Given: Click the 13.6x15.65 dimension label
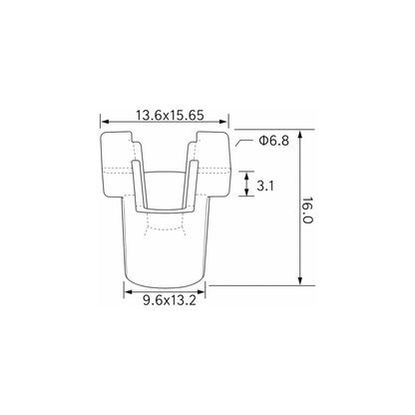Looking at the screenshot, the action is pyautogui.click(x=170, y=116).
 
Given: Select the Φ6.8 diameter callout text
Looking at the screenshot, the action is pyautogui.click(x=274, y=141).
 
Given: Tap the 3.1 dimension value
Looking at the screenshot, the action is pyautogui.click(x=265, y=186).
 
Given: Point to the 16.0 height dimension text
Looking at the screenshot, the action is pyautogui.click(x=307, y=210).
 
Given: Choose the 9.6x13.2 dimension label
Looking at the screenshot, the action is pyautogui.click(x=170, y=300).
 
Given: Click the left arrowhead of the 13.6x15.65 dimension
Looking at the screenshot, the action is pyautogui.click(x=105, y=122).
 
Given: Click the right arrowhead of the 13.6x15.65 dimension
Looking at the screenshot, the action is pyautogui.click(x=224, y=122).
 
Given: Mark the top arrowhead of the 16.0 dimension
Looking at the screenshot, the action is pyautogui.click(x=300, y=134).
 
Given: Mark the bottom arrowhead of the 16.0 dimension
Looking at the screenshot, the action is pyautogui.click(x=300, y=280).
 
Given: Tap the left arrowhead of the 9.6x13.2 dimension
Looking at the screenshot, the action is pyautogui.click(x=129, y=292).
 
